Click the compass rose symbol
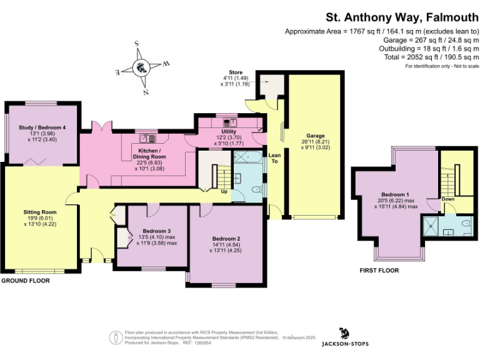click(x=142, y=67)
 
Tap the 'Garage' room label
click(x=315, y=136)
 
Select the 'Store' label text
click(x=235, y=72)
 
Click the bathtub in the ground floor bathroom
click(x=248, y=159)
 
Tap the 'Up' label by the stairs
click(x=224, y=191)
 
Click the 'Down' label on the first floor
click(x=448, y=199)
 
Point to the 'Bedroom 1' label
click(x=395, y=194)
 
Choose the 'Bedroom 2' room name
click(x=226, y=239)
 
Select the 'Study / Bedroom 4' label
click(x=42, y=128)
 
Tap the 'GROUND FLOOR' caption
click(x=26, y=281)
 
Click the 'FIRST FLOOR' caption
click(x=379, y=271)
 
